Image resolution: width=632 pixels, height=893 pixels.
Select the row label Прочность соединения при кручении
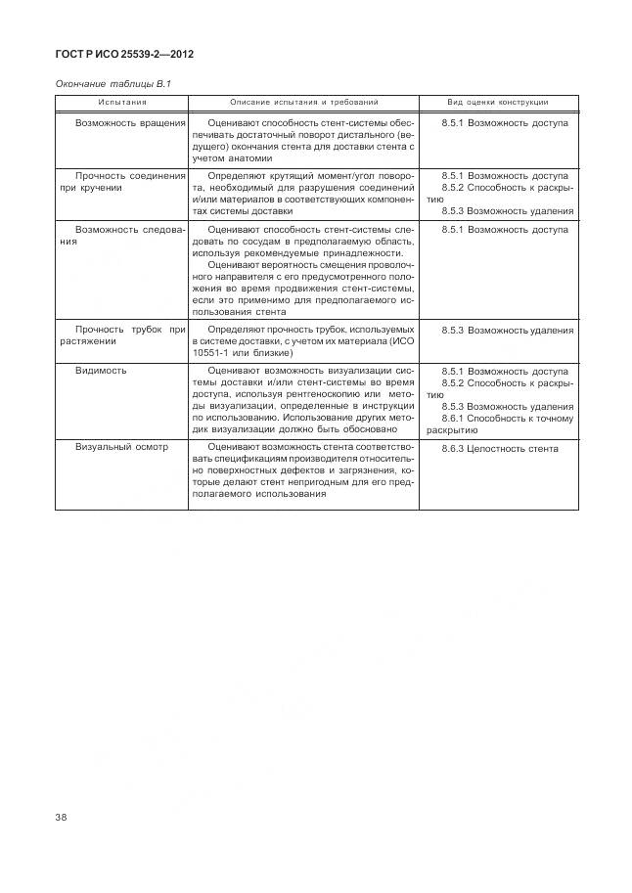pos(122,181)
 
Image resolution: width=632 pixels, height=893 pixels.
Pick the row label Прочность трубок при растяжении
pos(122,335)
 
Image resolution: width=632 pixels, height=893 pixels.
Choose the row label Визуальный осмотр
pos(122,448)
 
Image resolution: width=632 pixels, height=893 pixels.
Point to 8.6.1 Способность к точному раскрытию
pos(498,424)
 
